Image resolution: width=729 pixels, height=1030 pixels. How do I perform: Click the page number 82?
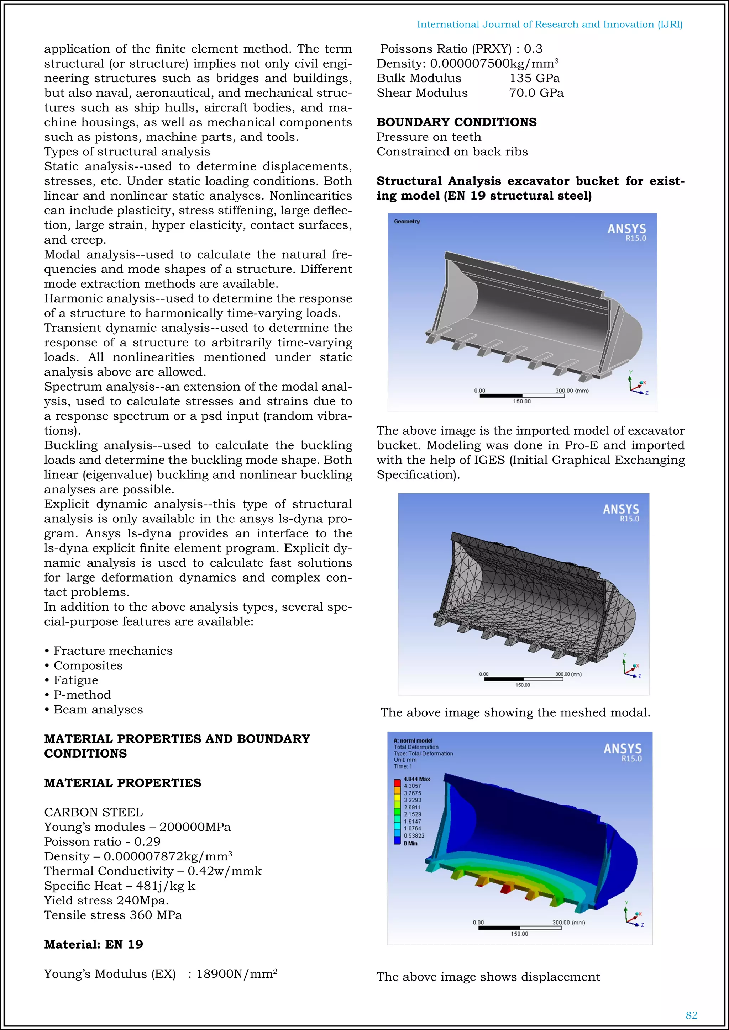[x=691, y=1015]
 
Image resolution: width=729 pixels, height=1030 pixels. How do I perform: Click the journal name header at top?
[x=550, y=24]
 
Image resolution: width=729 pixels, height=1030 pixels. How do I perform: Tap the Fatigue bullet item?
[x=75, y=680]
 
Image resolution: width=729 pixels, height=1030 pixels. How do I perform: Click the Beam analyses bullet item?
[x=98, y=709]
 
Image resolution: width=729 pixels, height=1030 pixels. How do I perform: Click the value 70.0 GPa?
[x=536, y=93]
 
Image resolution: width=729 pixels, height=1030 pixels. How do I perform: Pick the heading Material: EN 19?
[x=93, y=944]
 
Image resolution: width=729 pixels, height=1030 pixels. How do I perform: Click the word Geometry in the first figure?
[x=407, y=221]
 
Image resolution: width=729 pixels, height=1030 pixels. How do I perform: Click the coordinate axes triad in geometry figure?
[x=637, y=385]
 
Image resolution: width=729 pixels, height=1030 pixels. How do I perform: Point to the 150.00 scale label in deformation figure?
[x=519, y=934]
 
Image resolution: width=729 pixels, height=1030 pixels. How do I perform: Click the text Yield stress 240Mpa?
[x=106, y=900]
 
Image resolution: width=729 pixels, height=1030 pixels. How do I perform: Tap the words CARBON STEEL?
[x=93, y=812]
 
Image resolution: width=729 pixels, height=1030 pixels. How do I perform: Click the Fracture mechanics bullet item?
[x=113, y=651]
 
